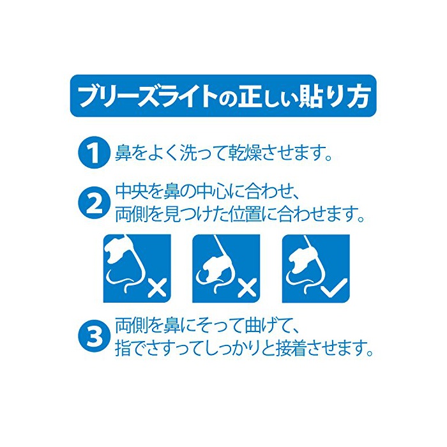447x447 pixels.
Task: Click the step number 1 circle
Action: (94, 153)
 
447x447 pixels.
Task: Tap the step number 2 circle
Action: (94, 202)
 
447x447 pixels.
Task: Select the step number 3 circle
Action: (94, 337)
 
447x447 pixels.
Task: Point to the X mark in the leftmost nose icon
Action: (157, 289)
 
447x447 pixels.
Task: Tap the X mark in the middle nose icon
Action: (247, 289)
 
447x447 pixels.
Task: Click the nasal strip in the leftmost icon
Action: (119, 247)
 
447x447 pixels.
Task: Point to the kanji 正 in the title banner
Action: (250, 96)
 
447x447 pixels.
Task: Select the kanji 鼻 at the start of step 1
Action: (123, 153)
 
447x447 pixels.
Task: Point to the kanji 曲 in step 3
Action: (253, 326)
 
